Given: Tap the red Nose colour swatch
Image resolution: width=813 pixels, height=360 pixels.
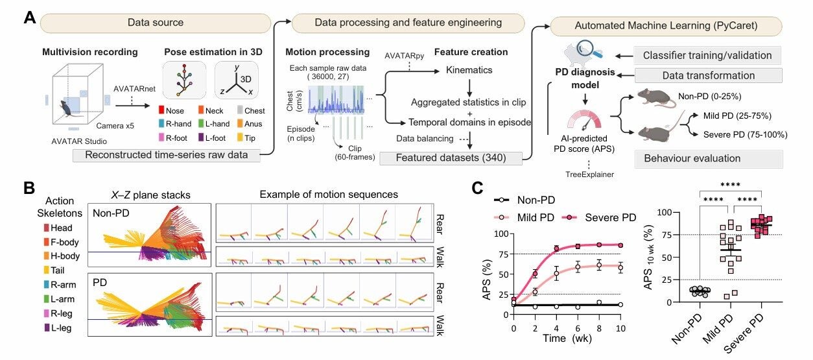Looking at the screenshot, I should [x=162, y=111].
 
